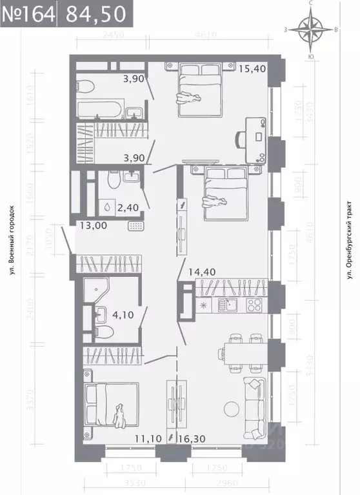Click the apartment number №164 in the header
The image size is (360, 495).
28,13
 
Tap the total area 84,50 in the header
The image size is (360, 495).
89,13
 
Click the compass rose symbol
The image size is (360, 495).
312,29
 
